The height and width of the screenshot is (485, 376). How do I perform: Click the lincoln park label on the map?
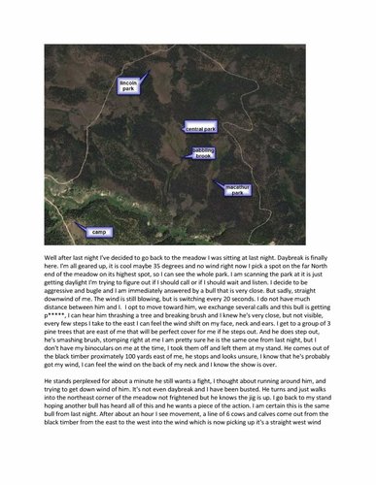[x=128, y=87]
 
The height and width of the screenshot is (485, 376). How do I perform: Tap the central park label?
[x=199, y=128]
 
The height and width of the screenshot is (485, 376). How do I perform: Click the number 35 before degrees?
[x=142, y=272]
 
